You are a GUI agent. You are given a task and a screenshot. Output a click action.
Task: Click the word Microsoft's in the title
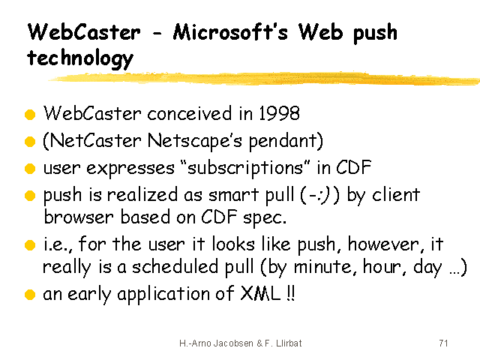pyautogui.click(x=230, y=31)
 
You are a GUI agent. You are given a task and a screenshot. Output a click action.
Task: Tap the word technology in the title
pyautogui.click(x=80, y=58)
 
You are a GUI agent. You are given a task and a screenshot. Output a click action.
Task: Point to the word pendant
pyautogui.click(x=283, y=142)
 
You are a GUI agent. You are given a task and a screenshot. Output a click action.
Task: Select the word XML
pyautogui.click(x=261, y=293)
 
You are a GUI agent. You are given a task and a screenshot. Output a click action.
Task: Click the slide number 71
pyautogui.click(x=443, y=343)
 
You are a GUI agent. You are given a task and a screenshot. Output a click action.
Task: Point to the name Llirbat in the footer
pyautogui.click(x=289, y=343)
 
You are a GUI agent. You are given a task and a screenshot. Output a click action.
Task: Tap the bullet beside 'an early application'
pyautogui.click(x=30, y=295)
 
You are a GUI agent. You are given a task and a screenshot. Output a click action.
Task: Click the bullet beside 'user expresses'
pyautogui.click(x=30, y=168)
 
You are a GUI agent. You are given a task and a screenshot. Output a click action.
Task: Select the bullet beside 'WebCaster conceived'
pyautogui.click(x=30, y=115)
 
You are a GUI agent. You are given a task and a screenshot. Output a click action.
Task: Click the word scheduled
pyautogui.click(x=175, y=267)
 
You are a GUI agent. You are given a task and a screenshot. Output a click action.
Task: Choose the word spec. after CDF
pyautogui.click(x=265, y=218)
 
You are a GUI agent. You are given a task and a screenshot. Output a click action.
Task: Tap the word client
pyautogui.click(x=396, y=195)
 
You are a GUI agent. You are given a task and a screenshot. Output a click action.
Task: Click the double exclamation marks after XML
pyautogui.click(x=291, y=293)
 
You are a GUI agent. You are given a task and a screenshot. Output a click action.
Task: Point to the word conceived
pyautogui.click(x=190, y=113)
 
